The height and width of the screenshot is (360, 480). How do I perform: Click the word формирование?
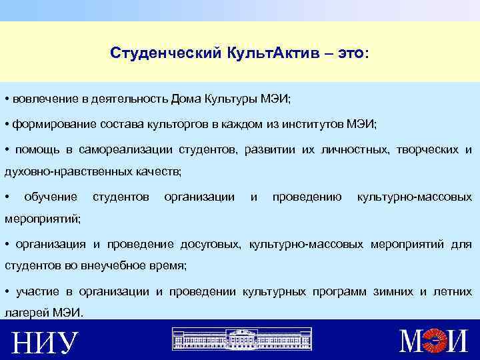[52, 125]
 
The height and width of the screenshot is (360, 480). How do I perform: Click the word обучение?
[50, 197]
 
